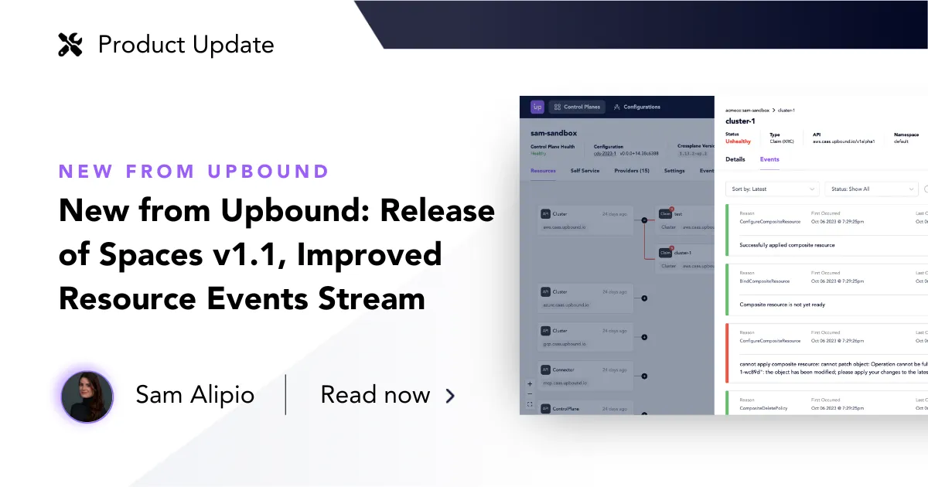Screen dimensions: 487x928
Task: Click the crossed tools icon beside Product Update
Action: click(70, 45)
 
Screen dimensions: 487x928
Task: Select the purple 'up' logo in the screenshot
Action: click(537, 107)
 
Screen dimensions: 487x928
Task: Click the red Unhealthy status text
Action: click(738, 141)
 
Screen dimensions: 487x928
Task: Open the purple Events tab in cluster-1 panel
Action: click(769, 159)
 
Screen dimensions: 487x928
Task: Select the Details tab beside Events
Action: click(735, 159)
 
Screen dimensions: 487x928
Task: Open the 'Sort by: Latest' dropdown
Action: click(774, 189)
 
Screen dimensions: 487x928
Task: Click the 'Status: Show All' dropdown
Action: click(871, 189)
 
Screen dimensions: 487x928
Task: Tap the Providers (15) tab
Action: click(631, 170)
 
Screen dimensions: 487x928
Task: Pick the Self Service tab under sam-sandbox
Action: click(585, 170)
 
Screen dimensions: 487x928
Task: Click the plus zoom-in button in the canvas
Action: click(530, 383)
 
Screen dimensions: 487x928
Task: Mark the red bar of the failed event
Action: click(728, 352)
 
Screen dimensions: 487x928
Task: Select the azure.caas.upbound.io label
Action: click(565, 306)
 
